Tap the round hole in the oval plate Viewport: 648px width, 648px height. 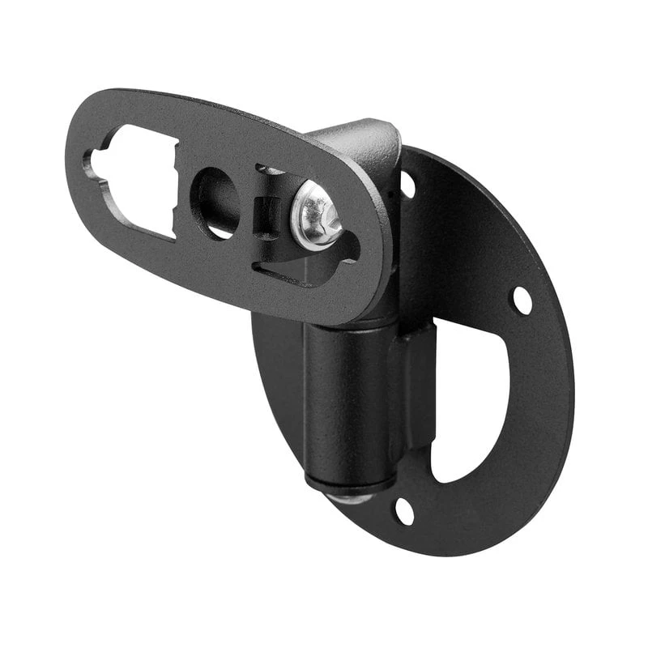pos(214,202)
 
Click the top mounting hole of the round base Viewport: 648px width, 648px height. pos(407,185)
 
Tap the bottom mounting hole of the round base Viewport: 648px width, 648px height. pos(403,511)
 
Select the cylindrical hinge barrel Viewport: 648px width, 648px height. pos(344,397)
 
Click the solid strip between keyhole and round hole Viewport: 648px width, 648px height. pos(183,194)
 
